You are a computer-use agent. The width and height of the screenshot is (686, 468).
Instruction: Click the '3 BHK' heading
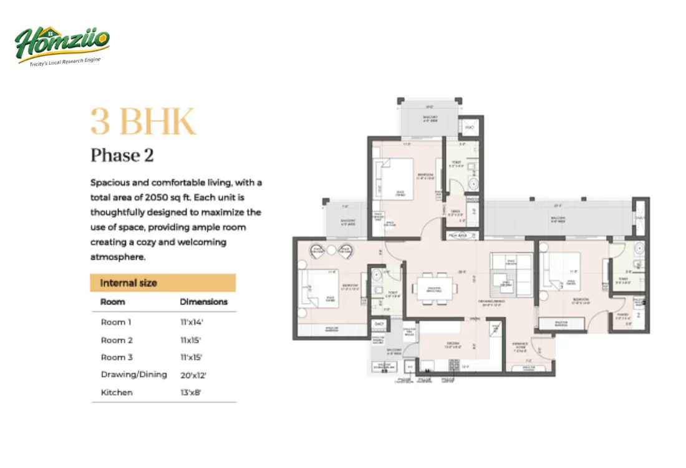143,122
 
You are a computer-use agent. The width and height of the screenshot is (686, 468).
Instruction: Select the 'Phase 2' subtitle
122,155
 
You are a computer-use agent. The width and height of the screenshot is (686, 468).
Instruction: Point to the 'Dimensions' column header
203,301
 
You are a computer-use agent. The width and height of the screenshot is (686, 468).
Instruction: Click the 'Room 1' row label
117,323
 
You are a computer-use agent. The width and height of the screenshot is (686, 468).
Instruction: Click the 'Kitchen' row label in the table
117,392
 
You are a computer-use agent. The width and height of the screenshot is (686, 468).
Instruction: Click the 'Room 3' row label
117,358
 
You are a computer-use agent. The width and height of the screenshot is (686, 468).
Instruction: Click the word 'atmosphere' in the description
118,256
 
